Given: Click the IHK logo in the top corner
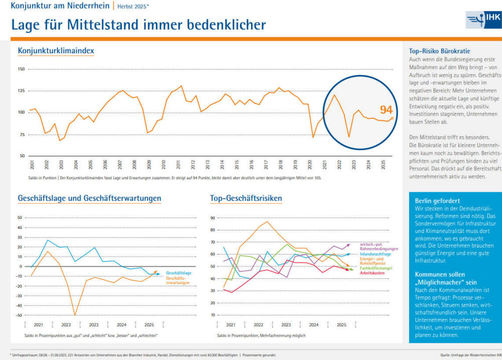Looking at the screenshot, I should tap(483, 21).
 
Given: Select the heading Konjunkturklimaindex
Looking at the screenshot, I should tap(56, 51).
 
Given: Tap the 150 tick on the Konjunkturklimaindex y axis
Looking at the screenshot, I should tap(21, 69).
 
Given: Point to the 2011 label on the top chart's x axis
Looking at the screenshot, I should tap(179, 164).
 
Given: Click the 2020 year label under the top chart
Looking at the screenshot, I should tap(310, 164).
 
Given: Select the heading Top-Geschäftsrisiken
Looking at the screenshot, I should tap(246, 198).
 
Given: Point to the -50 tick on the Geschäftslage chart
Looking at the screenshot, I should tap(20, 315).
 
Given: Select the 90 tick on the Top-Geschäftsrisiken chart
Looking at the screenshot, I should tap(212, 218).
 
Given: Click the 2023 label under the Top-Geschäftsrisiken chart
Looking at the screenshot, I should tap(286, 325).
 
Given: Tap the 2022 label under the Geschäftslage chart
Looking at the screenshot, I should tap(66, 325).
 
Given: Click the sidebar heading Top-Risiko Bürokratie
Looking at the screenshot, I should tap(439, 51).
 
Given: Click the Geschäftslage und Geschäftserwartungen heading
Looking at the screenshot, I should tap(89, 198).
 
